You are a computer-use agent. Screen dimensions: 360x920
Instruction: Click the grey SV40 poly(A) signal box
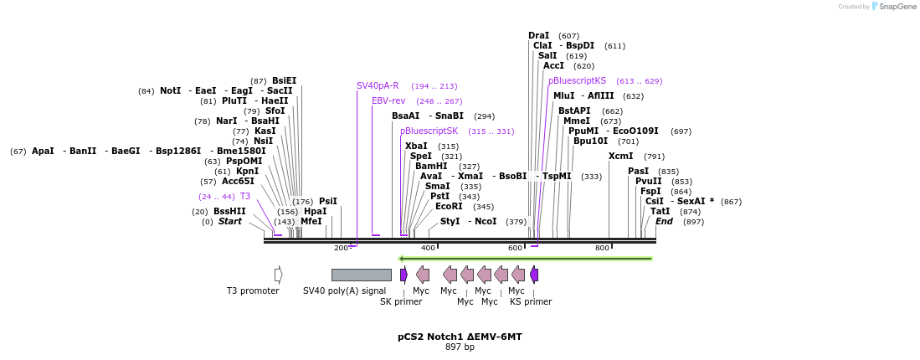tap(361, 275)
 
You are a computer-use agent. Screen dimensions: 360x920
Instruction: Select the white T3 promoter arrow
tap(278, 275)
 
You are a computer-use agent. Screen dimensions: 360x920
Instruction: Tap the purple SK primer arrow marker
tap(403, 275)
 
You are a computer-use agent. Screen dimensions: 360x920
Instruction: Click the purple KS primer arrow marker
tap(534, 275)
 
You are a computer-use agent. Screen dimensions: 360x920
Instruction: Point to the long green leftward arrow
tap(525, 259)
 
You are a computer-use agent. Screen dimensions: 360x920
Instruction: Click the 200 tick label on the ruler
tap(341, 249)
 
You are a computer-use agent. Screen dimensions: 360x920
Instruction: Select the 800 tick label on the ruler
tap(602, 249)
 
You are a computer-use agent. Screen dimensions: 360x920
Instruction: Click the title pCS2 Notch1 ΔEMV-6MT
tap(460, 337)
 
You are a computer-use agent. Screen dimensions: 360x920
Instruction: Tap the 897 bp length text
tap(460, 347)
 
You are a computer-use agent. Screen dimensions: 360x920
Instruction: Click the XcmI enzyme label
tap(620, 156)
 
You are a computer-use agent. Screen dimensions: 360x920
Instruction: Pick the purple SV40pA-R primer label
tap(378, 85)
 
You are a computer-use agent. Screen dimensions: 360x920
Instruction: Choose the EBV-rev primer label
tap(388, 100)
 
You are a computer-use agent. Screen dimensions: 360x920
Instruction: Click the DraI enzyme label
tap(539, 35)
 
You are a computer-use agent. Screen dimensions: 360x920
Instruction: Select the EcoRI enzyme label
tap(449, 206)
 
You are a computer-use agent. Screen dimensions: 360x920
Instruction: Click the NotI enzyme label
tap(170, 90)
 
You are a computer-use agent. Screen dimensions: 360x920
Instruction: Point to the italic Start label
tap(229, 221)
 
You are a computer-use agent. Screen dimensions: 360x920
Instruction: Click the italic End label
tap(664, 221)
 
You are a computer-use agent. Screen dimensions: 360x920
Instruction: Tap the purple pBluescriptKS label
tap(577, 80)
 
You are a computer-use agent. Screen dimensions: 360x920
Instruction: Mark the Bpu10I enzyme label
tap(590, 141)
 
